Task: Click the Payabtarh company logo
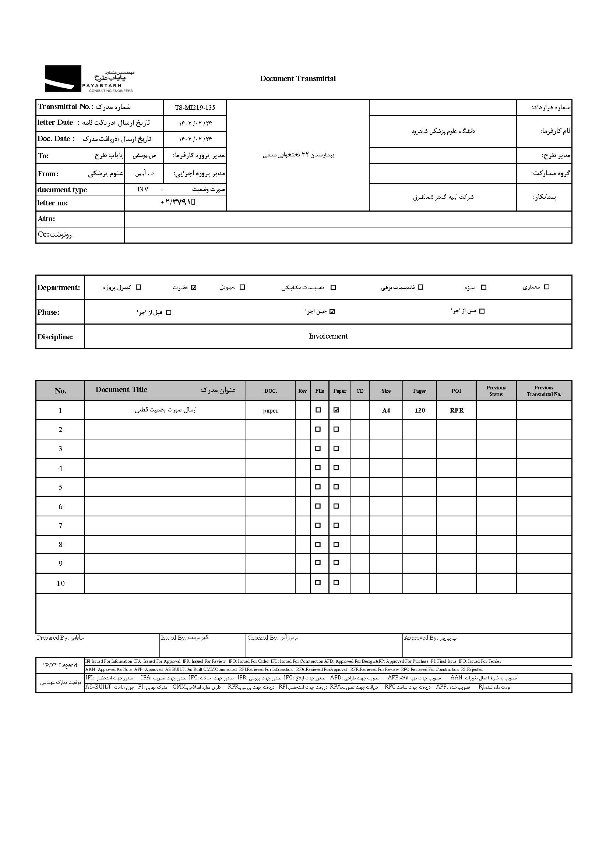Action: pyautogui.click(x=89, y=79)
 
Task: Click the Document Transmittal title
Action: pyautogui.click(x=298, y=79)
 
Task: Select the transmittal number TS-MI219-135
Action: pyautogui.click(x=195, y=108)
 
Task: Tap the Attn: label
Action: pyautogui.click(x=46, y=219)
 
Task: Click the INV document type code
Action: pyautogui.click(x=143, y=190)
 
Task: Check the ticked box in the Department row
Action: pyautogui.click(x=194, y=287)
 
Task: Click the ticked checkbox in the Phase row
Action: pyautogui.click(x=332, y=311)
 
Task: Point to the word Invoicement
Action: pyautogui.click(x=328, y=336)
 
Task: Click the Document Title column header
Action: pyautogui.click(x=121, y=390)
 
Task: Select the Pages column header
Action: pyautogui.click(x=419, y=391)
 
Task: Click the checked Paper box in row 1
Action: pyautogui.click(x=336, y=410)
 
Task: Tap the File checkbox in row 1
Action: pyautogui.click(x=318, y=410)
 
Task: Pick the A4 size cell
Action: pyautogui.click(x=386, y=410)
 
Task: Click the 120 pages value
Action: pyautogui.click(x=419, y=410)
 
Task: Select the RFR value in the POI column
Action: pyautogui.click(x=457, y=410)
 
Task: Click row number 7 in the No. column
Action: pyautogui.click(x=60, y=526)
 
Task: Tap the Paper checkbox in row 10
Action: pyautogui.click(x=336, y=582)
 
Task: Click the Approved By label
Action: pyautogui.click(x=420, y=638)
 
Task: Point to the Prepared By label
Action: pyautogui.click(x=53, y=638)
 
